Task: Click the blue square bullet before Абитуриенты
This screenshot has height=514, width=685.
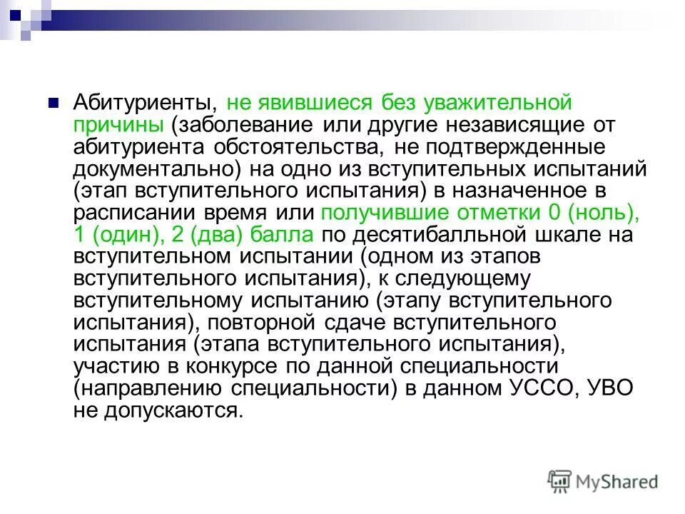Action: tap(53, 102)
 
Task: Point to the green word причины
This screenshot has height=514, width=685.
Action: tap(118, 125)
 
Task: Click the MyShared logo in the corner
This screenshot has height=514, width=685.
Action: tap(603, 481)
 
